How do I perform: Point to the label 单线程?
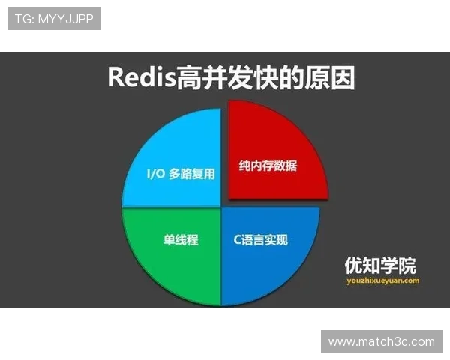(181, 240)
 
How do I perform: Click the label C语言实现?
(262, 240)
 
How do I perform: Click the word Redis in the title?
(139, 77)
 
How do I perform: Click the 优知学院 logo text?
(379, 265)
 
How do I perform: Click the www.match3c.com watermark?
(381, 341)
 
